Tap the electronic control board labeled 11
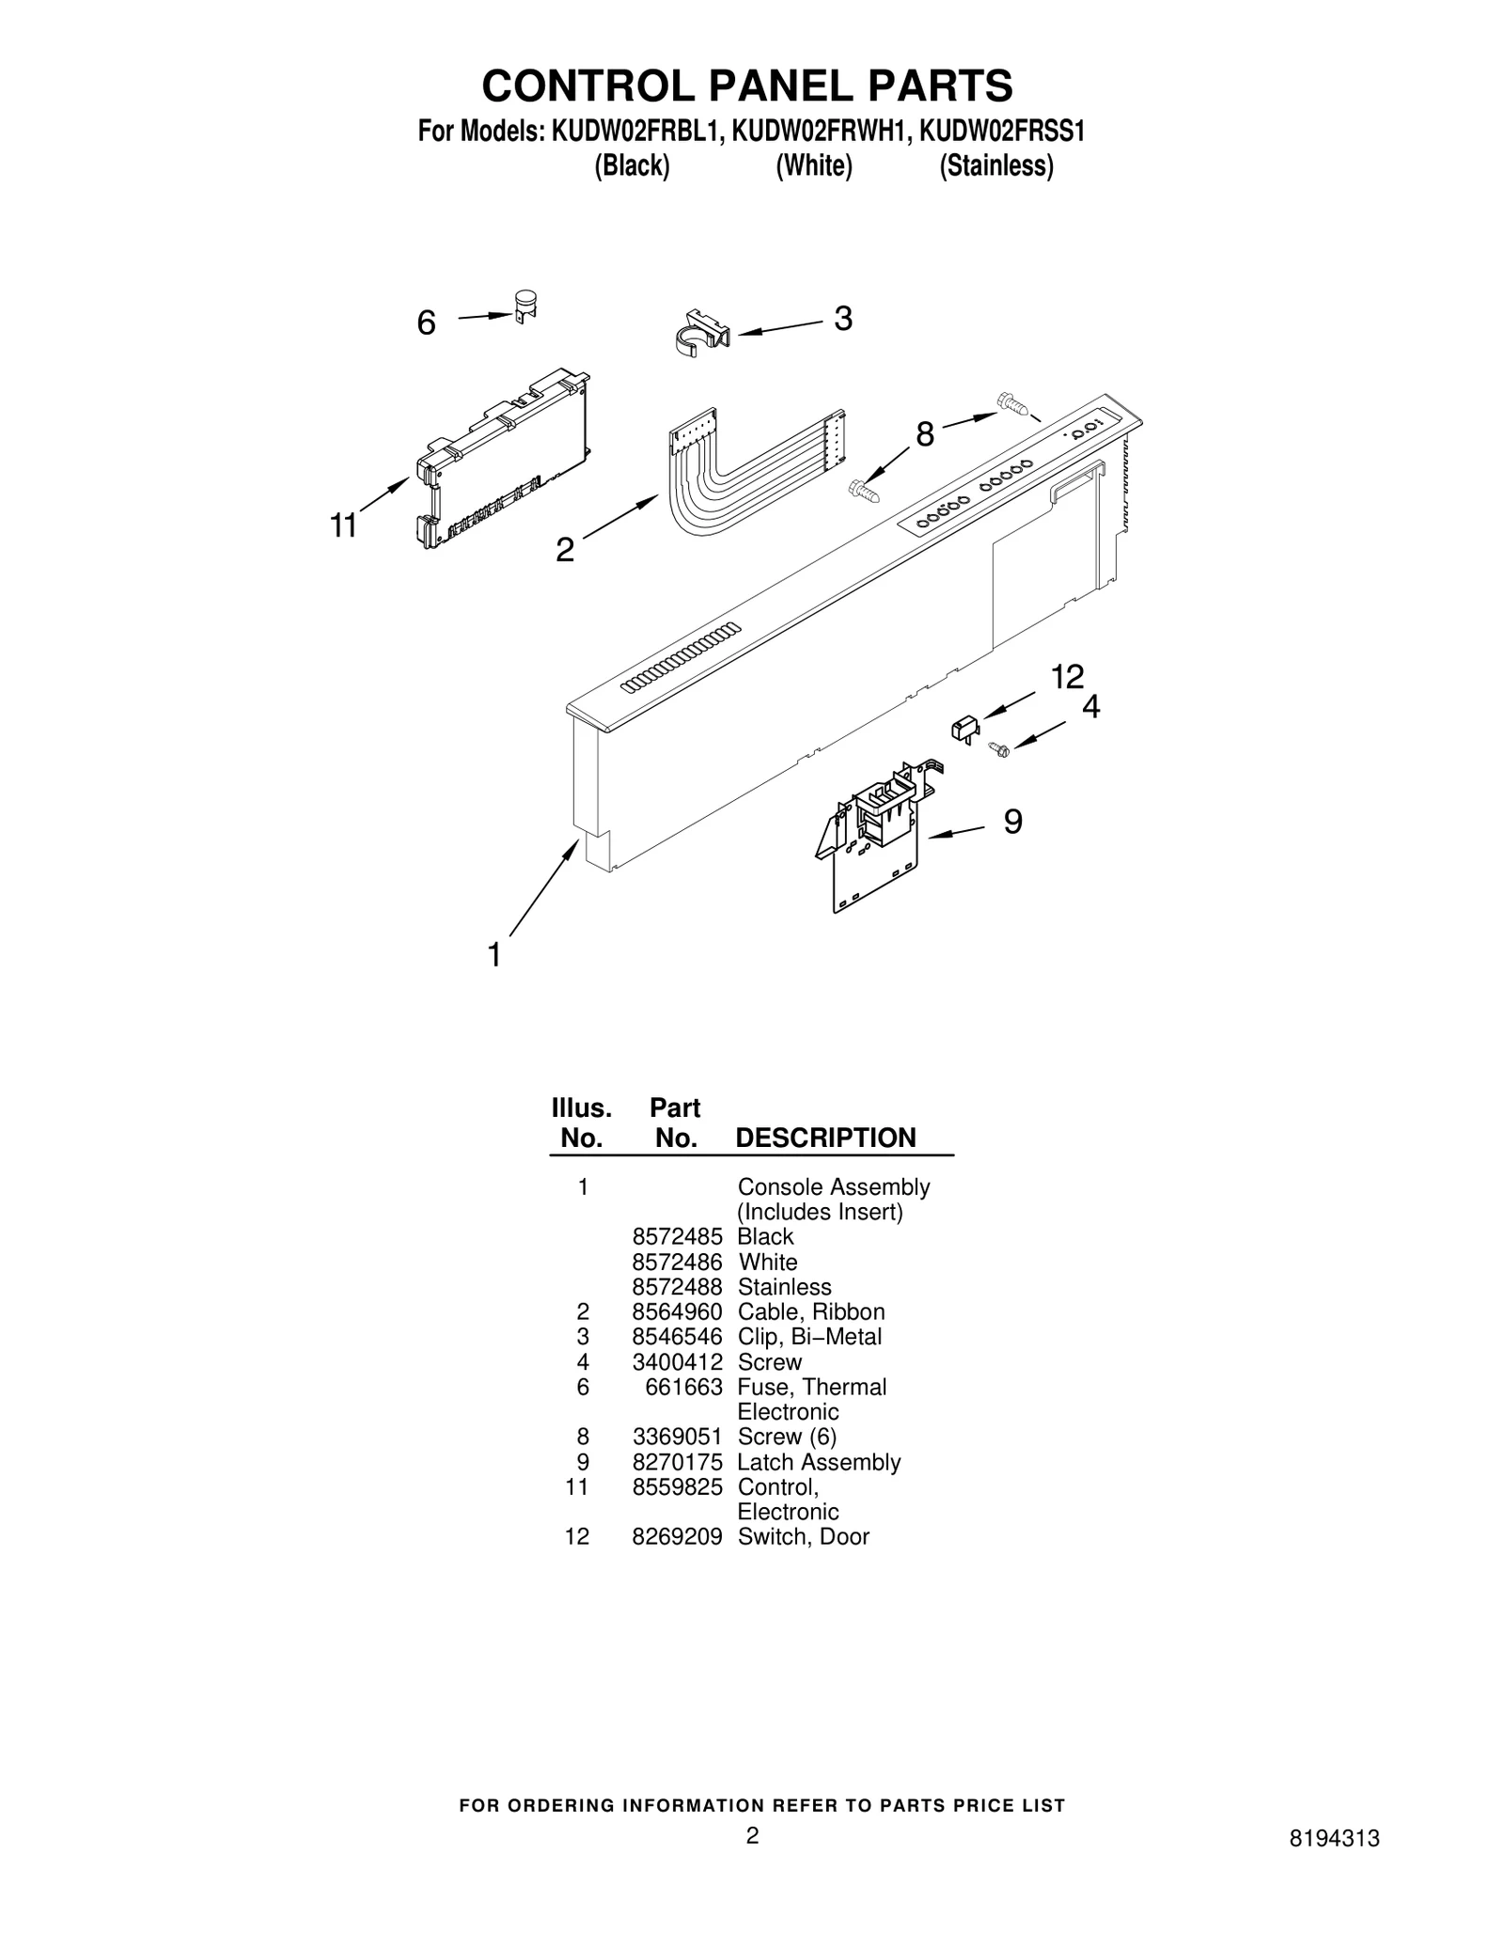[503, 458]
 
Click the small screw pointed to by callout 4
[998, 748]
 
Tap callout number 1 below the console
[494, 955]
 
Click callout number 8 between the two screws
[925, 434]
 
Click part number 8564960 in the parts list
[677, 1311]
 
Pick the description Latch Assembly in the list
[819, 1462]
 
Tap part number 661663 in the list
[683, 1387]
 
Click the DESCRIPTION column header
[825, 1138]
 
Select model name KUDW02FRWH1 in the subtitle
[820, 132]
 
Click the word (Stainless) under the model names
[996, 166]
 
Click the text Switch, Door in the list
[804, 1536]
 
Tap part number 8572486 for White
[677, 1262]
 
